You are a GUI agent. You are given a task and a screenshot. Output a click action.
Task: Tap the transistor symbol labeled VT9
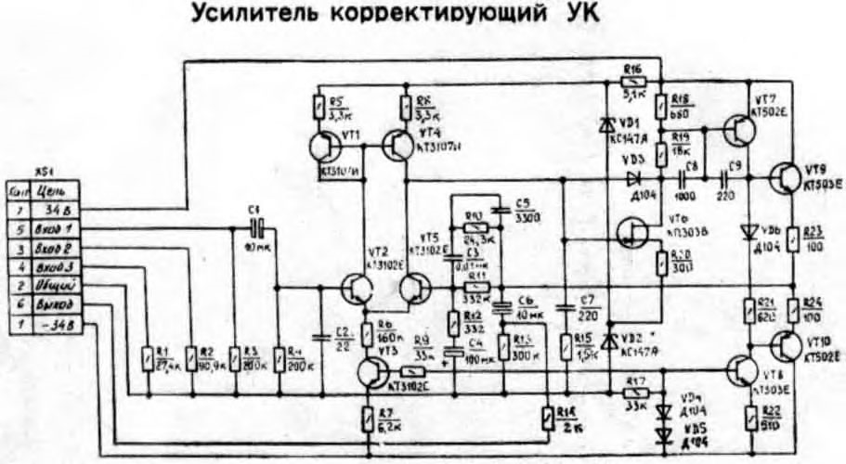[786, 176]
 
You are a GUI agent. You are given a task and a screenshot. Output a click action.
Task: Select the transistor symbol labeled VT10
[786, 345]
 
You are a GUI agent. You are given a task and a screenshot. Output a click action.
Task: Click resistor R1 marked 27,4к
[148, 357]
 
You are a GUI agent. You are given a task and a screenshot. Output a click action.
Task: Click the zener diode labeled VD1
[607, 123]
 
